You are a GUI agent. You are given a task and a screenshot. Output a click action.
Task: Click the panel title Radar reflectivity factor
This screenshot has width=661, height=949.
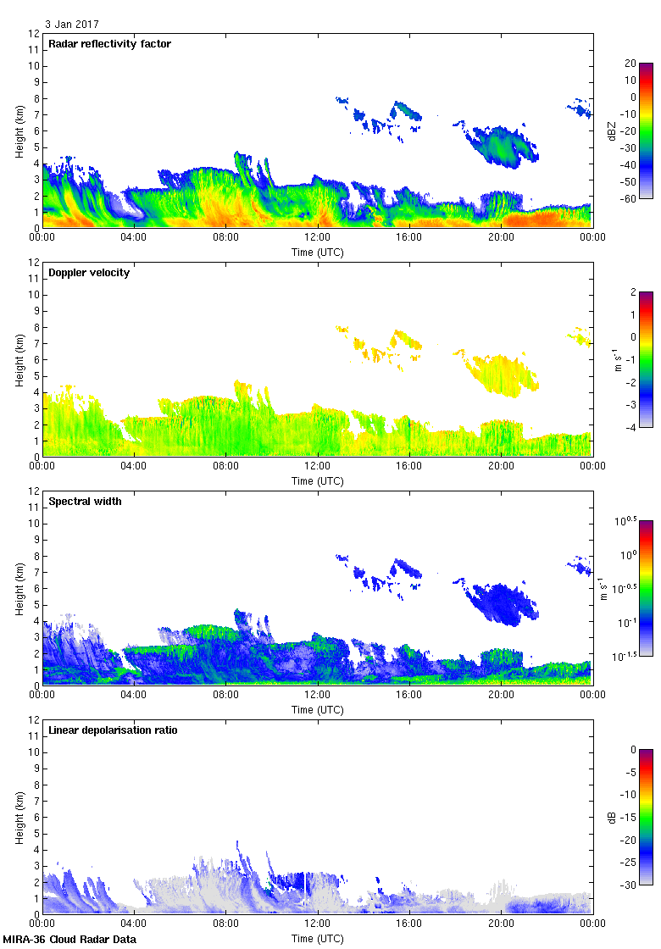[110, 44]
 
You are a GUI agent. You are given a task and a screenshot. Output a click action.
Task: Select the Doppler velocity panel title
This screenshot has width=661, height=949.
[89, 273]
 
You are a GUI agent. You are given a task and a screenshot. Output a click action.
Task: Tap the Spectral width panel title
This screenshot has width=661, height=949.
[85, 502]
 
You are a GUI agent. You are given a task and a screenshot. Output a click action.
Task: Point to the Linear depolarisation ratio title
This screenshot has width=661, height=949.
[113, 730]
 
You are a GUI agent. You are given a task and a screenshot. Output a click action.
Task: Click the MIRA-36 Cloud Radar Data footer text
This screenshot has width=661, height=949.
[69, 939]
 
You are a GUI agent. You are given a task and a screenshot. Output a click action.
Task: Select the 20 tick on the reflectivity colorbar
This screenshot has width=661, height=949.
[630, 64]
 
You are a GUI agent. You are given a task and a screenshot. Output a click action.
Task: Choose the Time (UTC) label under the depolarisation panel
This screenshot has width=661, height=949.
[317, 938]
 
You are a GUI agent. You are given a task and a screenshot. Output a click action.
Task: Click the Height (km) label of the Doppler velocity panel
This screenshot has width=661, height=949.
[19, 359]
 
